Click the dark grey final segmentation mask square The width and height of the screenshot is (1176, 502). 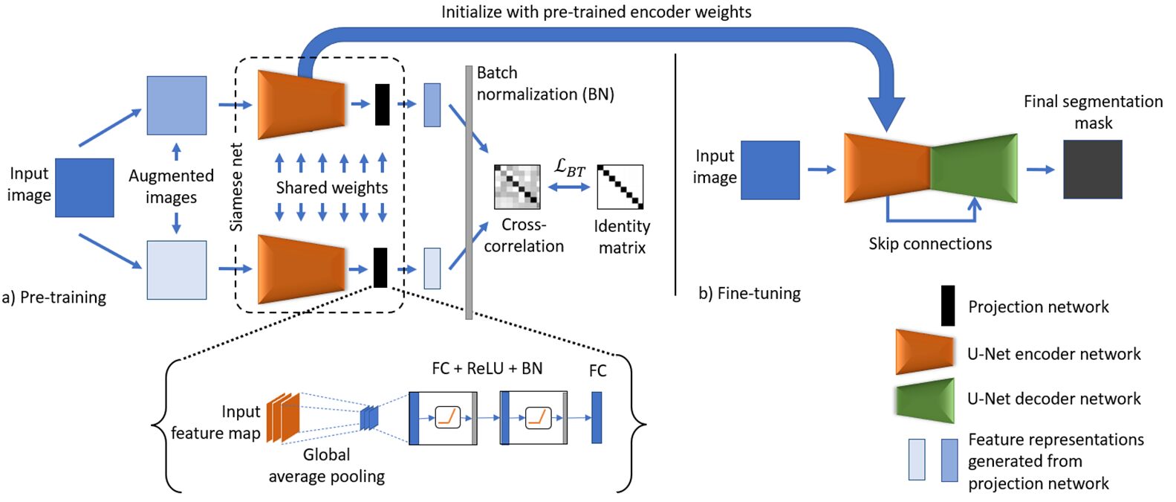1092,170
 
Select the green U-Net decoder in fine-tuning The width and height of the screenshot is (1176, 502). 974,169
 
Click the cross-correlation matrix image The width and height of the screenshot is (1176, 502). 517,187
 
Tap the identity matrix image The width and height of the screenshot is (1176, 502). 620,187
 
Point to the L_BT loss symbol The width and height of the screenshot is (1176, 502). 569,168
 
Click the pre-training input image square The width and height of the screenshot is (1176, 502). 85,187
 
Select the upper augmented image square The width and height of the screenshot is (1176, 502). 176,105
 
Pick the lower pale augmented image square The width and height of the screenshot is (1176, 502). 176,270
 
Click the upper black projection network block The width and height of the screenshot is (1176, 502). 382,105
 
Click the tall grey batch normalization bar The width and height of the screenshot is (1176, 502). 469,192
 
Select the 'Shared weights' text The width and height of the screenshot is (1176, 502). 331,187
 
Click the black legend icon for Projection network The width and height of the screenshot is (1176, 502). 948,306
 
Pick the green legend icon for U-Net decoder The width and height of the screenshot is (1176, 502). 925,400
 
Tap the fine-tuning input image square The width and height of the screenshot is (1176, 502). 770,170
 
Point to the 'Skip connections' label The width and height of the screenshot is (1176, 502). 930,244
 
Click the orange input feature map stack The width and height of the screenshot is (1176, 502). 283,417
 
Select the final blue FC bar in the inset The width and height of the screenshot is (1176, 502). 597,417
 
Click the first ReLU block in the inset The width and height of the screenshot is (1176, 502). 447,418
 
